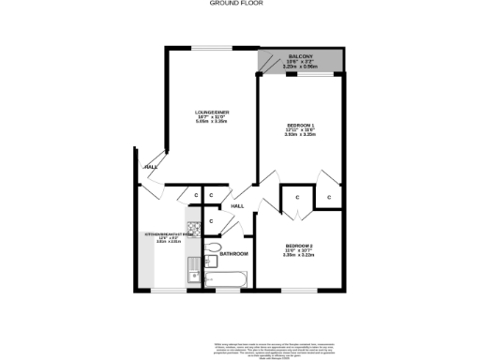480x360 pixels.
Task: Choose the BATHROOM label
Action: coord(233,253)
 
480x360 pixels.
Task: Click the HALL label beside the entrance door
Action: coord(150,167)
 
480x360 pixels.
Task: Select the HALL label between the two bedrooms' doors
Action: coord(238,206)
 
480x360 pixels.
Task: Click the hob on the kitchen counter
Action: coord(194,228)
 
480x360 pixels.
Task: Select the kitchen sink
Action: coord(194,273)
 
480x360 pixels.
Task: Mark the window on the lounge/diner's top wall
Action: coord(214,48)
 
